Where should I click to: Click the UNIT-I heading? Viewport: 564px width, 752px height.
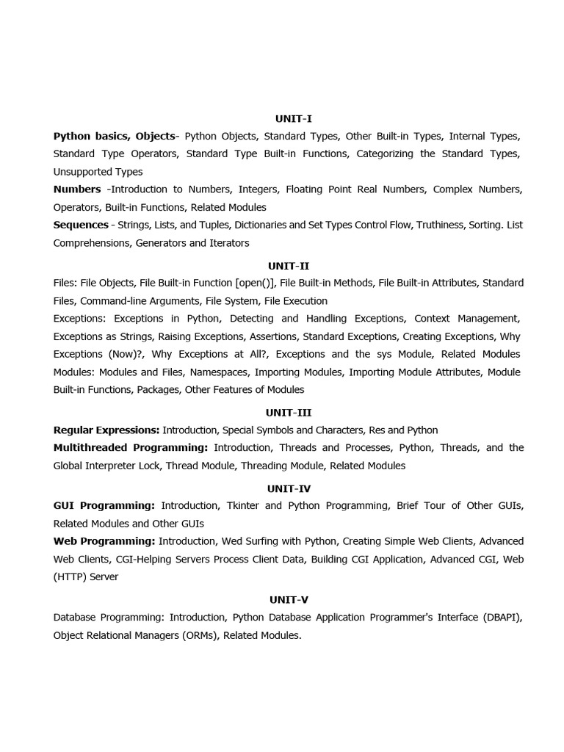coord(294,118)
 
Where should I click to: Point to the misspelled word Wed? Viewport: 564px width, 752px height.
coord(229,541)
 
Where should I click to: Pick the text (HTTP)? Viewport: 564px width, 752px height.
coord(70,577)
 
